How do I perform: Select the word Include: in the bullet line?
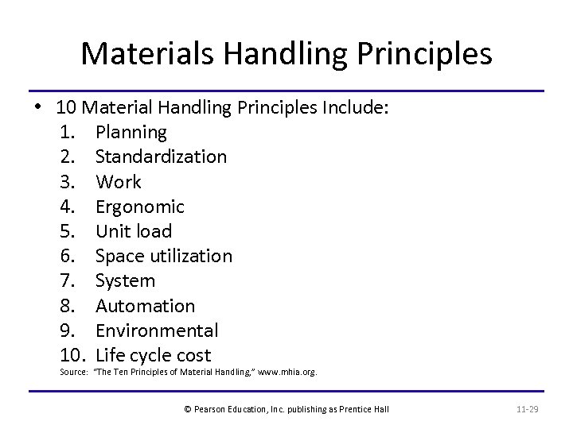click(x=355, y=106)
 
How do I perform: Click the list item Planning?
click(x=131, y=132)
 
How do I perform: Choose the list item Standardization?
click(x=161, y=157)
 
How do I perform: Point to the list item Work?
click(x=118, y=181)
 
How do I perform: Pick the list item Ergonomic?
click(x=139, y=207)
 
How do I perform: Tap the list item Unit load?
click(x=133, y=231)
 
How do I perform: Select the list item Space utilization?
click(x=163, y=256)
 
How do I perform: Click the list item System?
click(x=125, y=280)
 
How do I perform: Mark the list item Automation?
click(x=145, y=306)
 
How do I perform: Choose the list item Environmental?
click(x=156, y=330)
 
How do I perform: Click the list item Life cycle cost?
click(x=153, y=355)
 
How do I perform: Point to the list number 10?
click(x=72, y=355)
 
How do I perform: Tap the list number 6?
click(x=67, y=256)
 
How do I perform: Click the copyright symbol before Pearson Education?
click(x=187, y=408)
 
